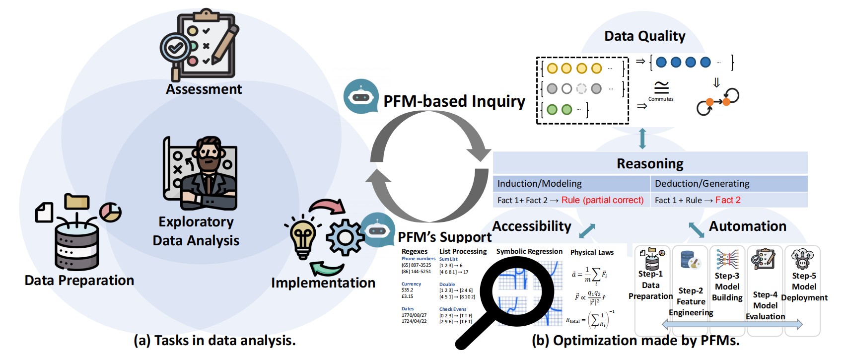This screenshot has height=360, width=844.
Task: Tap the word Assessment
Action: click(204, 89)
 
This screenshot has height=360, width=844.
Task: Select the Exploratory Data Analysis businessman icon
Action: click(201, 174)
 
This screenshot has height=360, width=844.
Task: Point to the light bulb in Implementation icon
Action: click(303, 236)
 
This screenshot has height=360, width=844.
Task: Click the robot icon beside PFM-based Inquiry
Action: click(361, 96)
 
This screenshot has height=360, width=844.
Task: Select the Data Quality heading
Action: click(644, 36)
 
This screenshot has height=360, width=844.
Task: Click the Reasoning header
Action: click(650, 164)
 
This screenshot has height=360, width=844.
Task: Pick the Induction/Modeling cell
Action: click(540, 184)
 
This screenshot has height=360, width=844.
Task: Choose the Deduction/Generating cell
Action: click(702, 184)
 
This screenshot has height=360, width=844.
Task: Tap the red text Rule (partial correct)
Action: click(602, 200)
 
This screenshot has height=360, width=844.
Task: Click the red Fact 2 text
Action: click(728, 200)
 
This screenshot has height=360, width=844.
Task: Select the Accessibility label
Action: click(532, 226)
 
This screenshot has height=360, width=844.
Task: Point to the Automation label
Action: click(748, 226)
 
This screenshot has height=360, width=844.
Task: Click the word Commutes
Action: click(661, 99)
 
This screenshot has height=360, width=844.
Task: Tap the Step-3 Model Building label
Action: click(727, 287)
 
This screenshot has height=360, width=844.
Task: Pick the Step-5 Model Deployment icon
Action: click(802, 259)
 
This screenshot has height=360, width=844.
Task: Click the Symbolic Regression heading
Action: click(529, 252)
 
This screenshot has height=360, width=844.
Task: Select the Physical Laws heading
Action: click(592, 252)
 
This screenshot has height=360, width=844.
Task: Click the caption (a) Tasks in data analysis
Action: click(214, 341)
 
